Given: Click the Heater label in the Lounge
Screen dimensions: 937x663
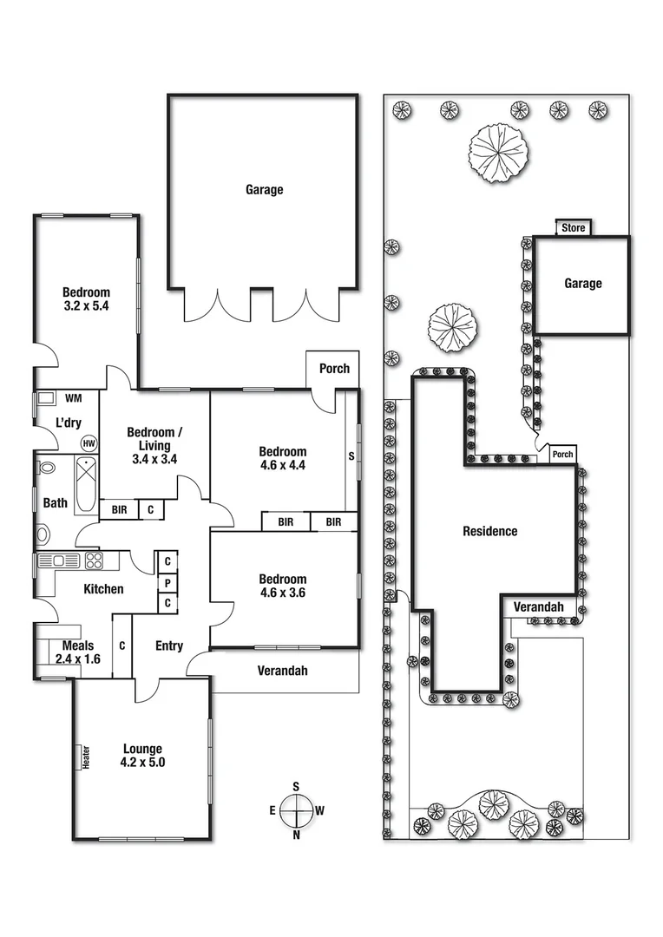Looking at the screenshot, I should (86, 757).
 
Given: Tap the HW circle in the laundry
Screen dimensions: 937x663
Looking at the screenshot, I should (89, 442).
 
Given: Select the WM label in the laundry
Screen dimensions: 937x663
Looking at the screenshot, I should (74, 399).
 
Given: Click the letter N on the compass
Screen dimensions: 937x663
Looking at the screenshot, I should (296, 835).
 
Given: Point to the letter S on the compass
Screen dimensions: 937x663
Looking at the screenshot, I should (296, 787).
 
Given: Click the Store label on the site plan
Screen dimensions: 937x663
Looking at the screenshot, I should (574, 228).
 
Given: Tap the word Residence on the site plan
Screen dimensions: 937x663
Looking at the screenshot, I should (489, 531).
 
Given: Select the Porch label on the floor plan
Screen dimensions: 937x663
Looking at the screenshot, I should (334, 369).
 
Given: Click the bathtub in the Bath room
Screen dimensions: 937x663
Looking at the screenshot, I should (86, 486).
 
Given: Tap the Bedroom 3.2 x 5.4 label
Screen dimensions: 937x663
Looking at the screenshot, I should (86, 299).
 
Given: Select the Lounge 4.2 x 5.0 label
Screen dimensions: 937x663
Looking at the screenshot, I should (143, 756).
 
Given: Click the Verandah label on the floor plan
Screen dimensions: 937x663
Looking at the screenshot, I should (283, 671).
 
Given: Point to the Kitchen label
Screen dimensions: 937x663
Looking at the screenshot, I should (103, 590).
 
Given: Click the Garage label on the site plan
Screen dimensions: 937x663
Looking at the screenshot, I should (582, 284).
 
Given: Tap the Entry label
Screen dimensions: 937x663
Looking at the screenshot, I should (169, 645).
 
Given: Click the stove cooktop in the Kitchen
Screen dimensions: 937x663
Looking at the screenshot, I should (94, 560).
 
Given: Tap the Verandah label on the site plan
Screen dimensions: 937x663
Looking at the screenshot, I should (539, 607).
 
